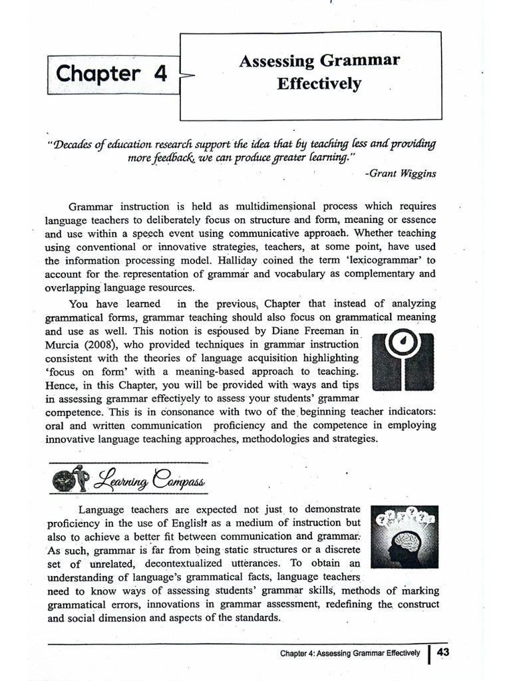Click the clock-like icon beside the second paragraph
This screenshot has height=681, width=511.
point(403,361)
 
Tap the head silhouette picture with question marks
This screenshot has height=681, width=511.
point(404,537)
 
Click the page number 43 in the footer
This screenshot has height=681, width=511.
point(443,652)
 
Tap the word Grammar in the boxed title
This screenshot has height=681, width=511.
point(361,62)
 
